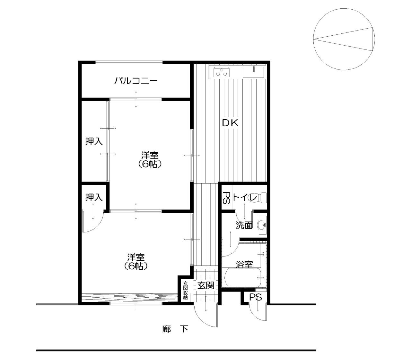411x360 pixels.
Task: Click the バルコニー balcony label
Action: pyautogui.click(x=136, y=81)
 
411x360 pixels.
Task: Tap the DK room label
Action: pyautogui.click(x=230, y=123)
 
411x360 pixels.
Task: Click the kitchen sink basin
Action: pyautogui.click(x=253, y=72)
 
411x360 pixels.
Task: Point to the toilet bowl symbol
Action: pyautogui.click(x=263, y=197)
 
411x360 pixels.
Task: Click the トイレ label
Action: pyautogui.click(x=245, y=197)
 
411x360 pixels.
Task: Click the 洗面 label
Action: pyautogui.click(x=244, y=225)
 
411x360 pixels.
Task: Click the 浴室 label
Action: pyautogui.click(x=244, y=265)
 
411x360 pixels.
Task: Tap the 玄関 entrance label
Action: pyautogui.click(x=205, y=285)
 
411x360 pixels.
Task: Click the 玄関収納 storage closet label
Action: pyautogui.click(x=185, y=290)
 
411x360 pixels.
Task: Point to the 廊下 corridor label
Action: pyautogui.click(x=175, y=329)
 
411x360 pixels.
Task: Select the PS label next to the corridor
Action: pyautogui.click(x=256, y=297)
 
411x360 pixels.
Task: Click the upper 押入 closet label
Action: pyautogui.click(x=94, y=141)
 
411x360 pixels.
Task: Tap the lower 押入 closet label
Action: pyautogui.click(x=94, y=197)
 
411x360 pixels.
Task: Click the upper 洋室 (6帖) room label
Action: pyautogui.click(x=150, y=159)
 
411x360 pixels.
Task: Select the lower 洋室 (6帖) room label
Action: pyautogui.click(x=136, y=262)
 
